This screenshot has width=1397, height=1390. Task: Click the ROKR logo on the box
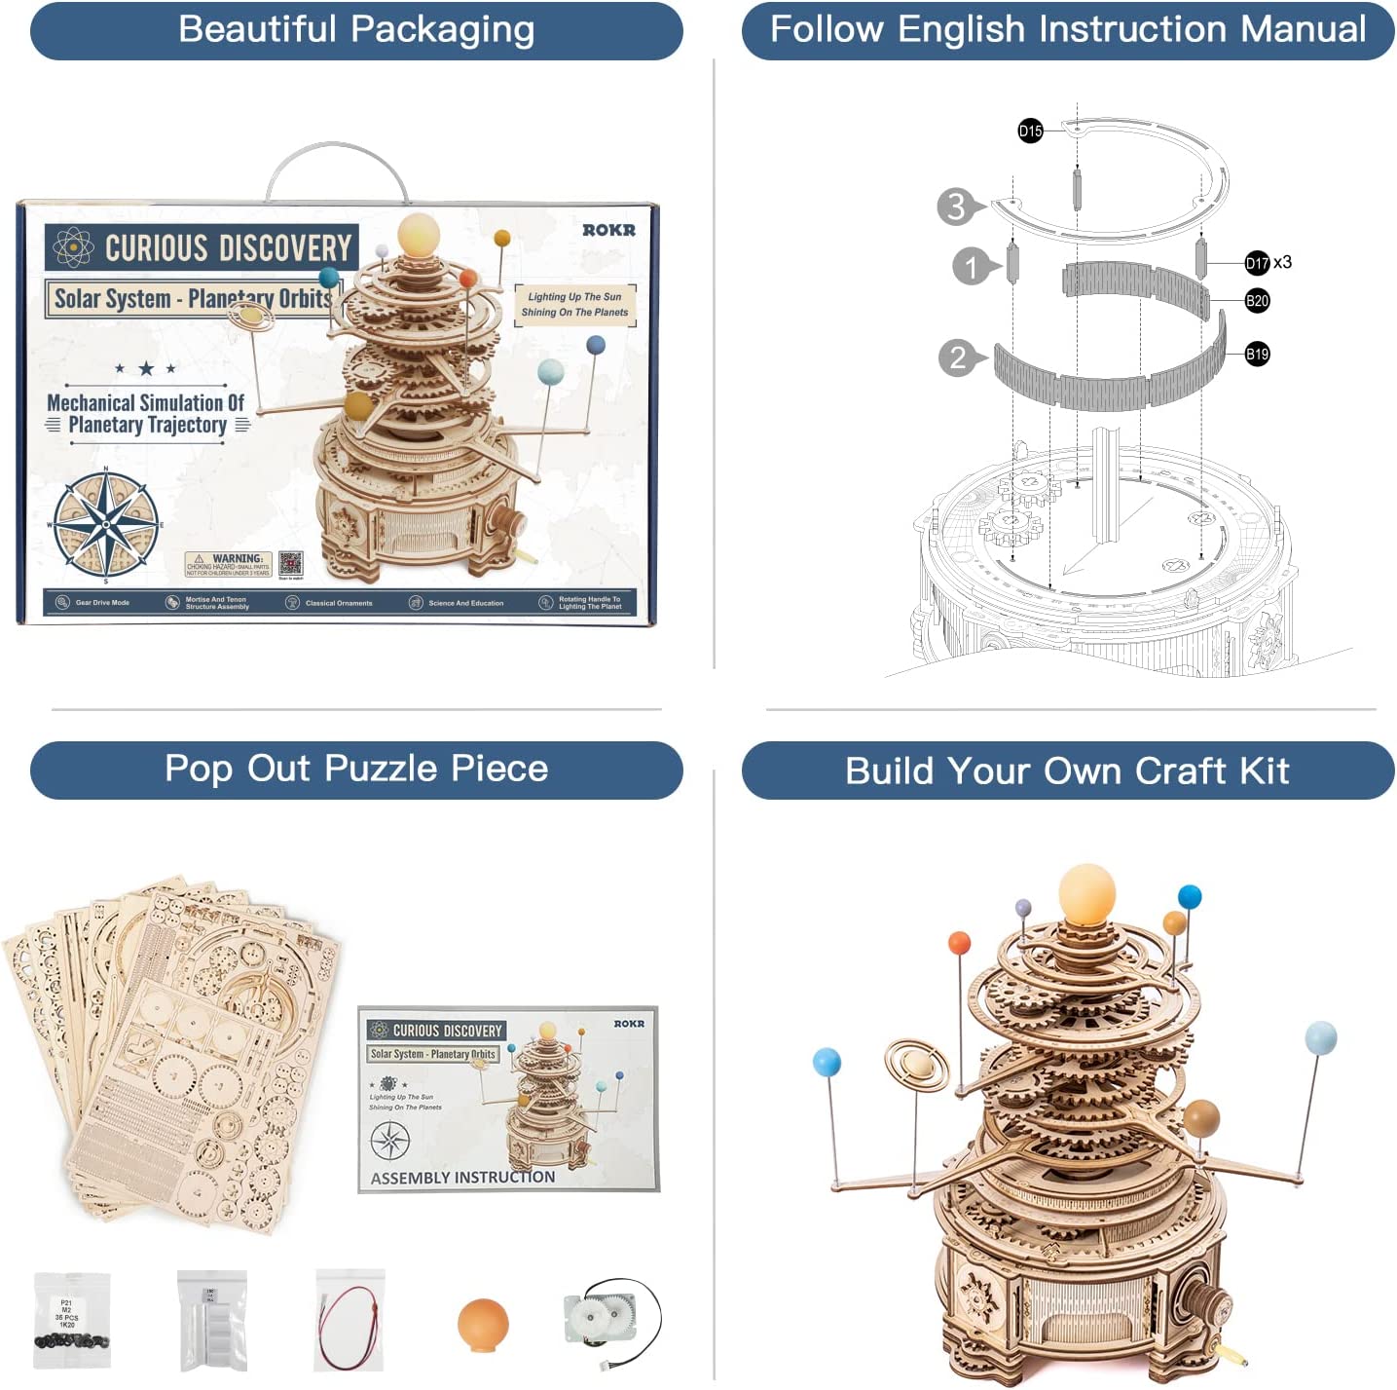click(608, 230)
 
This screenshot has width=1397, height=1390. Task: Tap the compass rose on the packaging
click(106, 524)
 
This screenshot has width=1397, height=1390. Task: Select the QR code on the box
click(290, 564)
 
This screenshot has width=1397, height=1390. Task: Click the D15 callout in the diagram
click(1030, 131)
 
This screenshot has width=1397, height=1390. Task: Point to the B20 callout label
click(1257, 301)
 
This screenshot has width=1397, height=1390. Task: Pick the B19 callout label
click(1257, 355)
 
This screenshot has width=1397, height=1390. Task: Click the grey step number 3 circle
click(956, 207)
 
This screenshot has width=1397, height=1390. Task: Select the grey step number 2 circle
click(958, 357)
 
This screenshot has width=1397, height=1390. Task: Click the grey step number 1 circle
click(971, 267)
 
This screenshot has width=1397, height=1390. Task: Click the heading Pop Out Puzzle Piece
click(356, 770)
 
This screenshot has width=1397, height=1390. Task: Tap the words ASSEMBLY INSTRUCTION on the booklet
click(462, 1178)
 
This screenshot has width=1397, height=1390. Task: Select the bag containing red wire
click(349, 1320)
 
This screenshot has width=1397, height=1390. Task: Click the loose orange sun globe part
click(483, 1325)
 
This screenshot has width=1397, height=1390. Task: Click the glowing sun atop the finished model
click(1086, 892)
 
